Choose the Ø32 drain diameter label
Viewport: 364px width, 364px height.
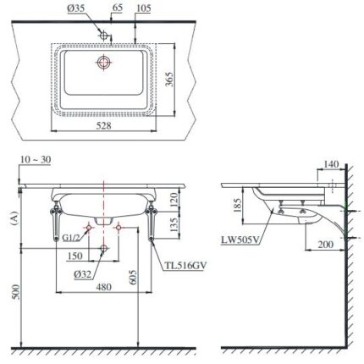tap(83, 273)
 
